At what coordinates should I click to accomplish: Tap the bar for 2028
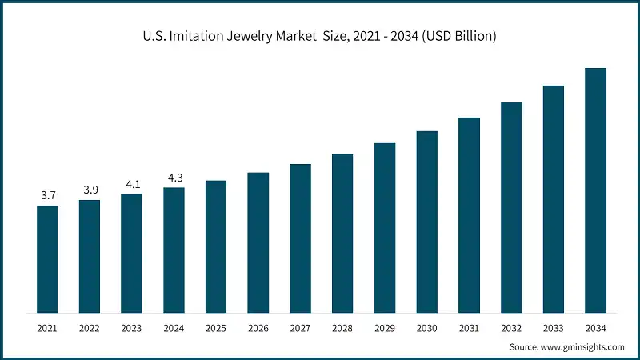pos(342,233)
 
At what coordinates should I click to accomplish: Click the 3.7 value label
pos(47,195)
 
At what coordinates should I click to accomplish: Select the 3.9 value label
pos(90,190)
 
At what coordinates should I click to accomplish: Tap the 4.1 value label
pos(131,183)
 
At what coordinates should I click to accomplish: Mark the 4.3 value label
pos(174,177)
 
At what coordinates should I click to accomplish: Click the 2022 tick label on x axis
pos(90,328)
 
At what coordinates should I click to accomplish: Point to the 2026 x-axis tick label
pos(258,328)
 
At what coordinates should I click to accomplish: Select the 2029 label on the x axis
pos(385,328)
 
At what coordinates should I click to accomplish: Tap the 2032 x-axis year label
pos(511,328)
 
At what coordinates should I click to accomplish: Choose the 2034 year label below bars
pos(595,328)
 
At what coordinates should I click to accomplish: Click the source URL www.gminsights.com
pos(582,346)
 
